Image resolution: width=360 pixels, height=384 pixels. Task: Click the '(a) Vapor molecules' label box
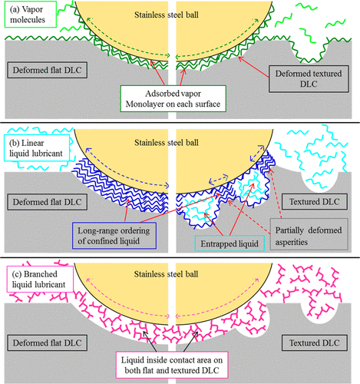(31, 15)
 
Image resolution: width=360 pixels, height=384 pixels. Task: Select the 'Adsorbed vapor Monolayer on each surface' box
(173, 98)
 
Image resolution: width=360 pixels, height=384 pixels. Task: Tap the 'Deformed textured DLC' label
(309, 78)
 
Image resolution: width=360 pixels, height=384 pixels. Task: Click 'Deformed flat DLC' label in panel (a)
(47, 70)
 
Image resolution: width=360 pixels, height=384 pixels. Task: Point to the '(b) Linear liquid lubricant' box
(37, 148)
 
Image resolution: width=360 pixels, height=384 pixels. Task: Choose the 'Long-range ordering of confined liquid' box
(114, 236)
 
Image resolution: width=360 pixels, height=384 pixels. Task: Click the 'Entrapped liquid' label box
(230, 243)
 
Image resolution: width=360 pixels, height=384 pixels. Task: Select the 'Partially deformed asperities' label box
(309, 234)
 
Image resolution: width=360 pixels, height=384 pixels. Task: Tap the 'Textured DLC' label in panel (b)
(315, 201)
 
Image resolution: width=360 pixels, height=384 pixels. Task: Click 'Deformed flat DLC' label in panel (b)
(47, 202)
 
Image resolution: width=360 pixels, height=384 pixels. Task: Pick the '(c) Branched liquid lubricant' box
(40, 279)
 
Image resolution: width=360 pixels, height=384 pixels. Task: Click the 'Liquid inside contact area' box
(172, 365)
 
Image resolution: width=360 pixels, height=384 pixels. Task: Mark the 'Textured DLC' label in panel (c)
(315, 343)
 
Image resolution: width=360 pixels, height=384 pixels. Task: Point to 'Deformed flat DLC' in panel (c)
(47, 343)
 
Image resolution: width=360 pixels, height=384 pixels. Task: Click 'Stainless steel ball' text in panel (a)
(167, 15)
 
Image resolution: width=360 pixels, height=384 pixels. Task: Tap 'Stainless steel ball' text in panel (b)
(167, 142)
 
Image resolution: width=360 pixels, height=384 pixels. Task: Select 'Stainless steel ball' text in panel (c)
(167, 274)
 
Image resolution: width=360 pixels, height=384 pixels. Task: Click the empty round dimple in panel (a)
(309, 51)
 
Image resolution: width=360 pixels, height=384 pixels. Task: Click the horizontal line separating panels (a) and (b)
(180, 124)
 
